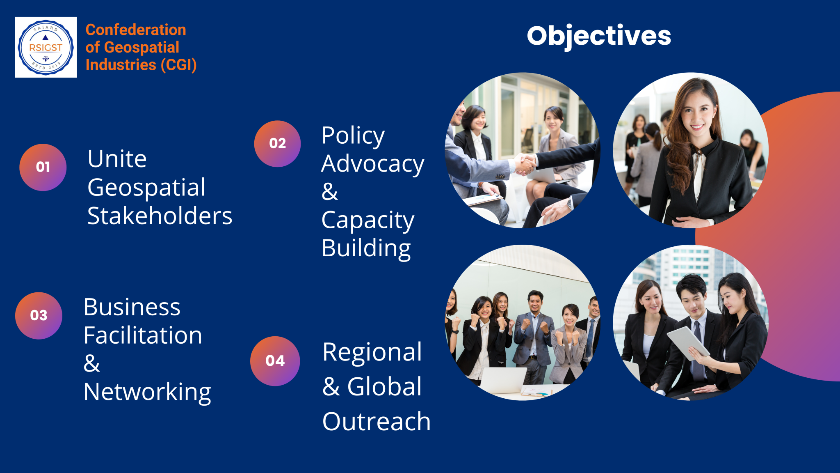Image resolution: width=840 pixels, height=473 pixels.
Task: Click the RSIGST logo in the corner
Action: point(46,47)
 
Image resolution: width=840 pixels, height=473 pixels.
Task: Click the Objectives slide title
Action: point(599,37)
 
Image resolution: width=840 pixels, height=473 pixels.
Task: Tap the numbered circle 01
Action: point(43,167)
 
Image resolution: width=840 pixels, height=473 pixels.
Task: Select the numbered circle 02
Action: point(278,144)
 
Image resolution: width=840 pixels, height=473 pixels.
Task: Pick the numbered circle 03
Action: point(39,316)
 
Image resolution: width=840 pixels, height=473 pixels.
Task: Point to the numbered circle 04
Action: point(275,361)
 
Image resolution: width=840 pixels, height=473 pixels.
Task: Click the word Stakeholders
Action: point(160,216)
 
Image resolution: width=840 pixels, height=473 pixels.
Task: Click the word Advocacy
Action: point(373,164)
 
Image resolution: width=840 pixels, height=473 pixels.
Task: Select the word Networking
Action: point(147,392)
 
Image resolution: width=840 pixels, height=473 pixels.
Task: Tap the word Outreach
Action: point(377,421)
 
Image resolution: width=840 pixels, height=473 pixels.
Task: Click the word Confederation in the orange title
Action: point(136,30)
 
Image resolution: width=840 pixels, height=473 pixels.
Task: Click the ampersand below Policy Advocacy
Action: point(330,191)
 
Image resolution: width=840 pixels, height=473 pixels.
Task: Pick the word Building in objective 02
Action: point(366,249)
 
